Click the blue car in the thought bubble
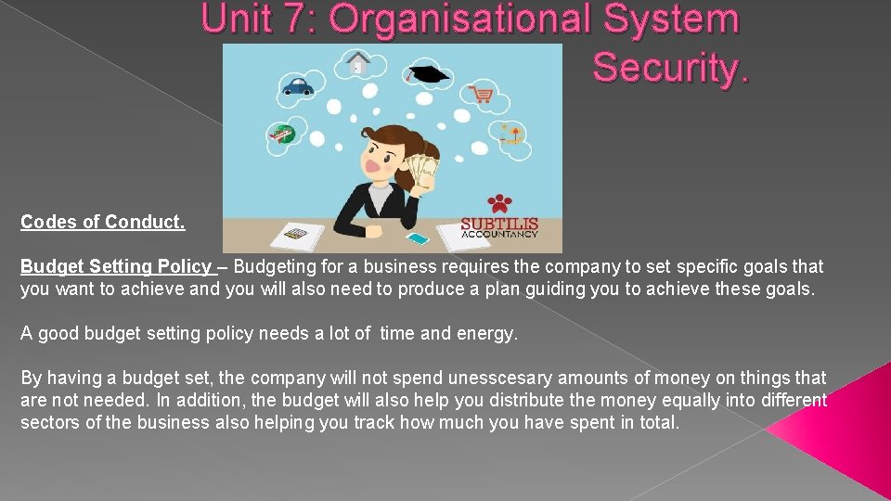pyautogui.click(x=297, y=86)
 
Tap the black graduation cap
pyautogui.click(x=429, y=74)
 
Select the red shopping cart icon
pyautogui.click(x=481, y=94)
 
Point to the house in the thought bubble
pyautogui.click(x=357, y=63)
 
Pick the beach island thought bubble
pyautogui.click(x=510, y=135)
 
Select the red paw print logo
pyautogui.click(x=499, y=203)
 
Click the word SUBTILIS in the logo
pyautogui.click(x=499, y=224)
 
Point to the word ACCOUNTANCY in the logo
pyautogui.click(x=499, y=235)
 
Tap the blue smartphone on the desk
pyautogui.click(x=419, y=238)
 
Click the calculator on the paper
pyautogui.click(x=296, y=235)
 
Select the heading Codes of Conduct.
pyautogui.click(x=103, y=223)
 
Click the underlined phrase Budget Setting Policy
pyautogui.click(x=116, y=267)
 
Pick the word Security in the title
pyautogui.click(x=669, y=67)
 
